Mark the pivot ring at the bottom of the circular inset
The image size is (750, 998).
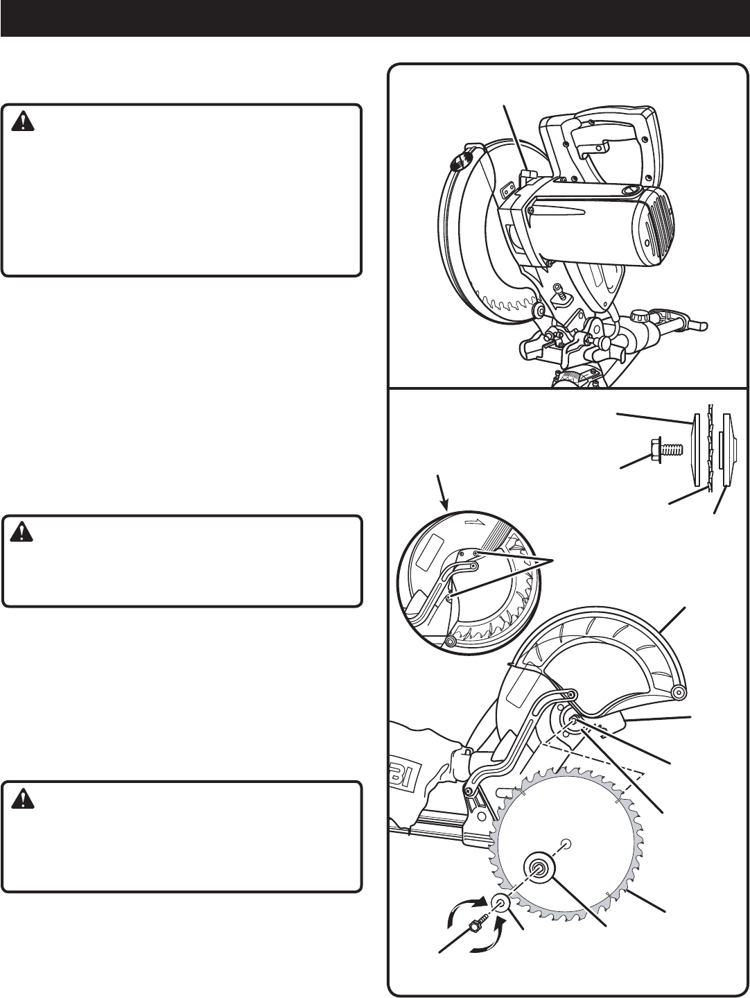pos(451,642)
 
